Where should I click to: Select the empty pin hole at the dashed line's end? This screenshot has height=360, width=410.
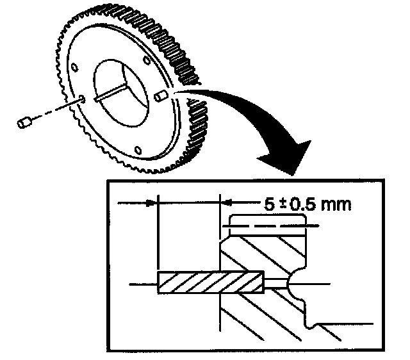tap(84, 99)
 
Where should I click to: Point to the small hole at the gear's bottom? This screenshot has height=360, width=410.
tap(136, 149)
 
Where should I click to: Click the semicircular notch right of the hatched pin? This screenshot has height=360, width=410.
tap(297, 281)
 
